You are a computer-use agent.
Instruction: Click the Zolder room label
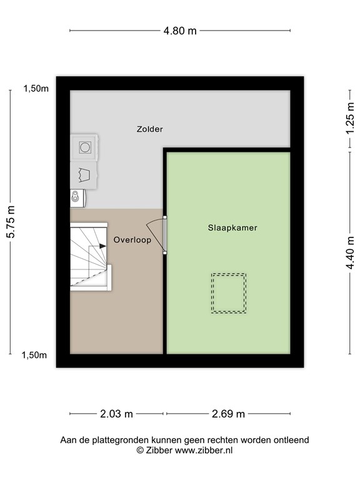click(x=150, y=129)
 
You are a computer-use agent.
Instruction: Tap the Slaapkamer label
click(x=232, y=228)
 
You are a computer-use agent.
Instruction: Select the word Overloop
click(x=132, y=239)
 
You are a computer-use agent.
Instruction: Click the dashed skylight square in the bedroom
click(x=228, y=292)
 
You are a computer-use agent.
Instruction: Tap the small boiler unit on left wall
click(x=77, y=198)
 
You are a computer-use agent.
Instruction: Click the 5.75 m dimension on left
click(x=11, y=222)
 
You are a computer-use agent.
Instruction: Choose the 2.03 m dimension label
click(x=117, y=413)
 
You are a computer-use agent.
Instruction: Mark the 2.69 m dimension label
click(x=229, y=413)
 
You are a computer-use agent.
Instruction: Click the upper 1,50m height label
click(x=36, y=89)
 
